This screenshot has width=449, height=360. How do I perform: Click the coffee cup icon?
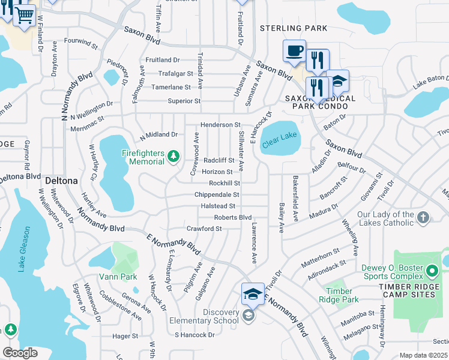[294, 51]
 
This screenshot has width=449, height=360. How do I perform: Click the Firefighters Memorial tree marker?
[173, 157]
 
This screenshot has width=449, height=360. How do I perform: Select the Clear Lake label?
[280, 140]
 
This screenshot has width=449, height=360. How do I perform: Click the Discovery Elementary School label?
[204, 316]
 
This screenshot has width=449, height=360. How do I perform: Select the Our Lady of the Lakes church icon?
[423, 218]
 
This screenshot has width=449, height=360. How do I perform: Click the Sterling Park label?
[294, 28]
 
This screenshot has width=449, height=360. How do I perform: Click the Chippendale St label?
[217, 195]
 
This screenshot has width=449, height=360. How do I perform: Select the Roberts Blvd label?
[233, 217]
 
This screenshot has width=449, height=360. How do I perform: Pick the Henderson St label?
[220, 124]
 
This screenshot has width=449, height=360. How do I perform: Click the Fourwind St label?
[80, 43]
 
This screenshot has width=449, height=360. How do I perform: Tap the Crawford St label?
[204, 229]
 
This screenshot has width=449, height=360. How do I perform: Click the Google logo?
[20, 352]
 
